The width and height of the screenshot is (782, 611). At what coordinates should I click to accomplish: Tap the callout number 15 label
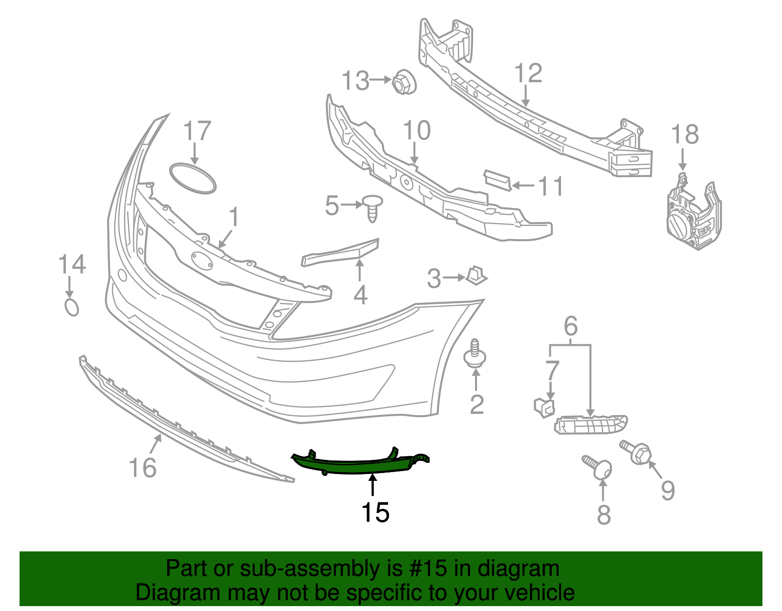click(x=375, y=512)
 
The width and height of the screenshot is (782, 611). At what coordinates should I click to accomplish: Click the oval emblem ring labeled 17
click(x=193, y=179)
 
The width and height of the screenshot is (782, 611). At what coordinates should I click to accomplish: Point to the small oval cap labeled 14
click(x=71, y=307)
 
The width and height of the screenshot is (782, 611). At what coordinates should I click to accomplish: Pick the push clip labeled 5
click(x=372, y=208)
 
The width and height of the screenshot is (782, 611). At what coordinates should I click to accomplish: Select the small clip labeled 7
click(x=544, y=407)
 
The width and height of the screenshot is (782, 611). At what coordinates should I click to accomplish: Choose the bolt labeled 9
click(x=636, y=453)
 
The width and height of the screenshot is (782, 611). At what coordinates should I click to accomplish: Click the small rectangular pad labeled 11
click(x=497, y=180)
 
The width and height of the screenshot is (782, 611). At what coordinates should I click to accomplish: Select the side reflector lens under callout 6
click(x=591, y=424)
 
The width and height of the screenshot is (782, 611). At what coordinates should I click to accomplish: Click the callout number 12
click(x=528, y=73)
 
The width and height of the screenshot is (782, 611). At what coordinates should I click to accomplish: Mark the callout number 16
click(x=142, y=468)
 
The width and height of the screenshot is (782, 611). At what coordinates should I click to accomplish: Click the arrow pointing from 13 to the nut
click(x=381, y=80)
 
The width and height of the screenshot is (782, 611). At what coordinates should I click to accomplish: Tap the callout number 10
click(x=416, y=131)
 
